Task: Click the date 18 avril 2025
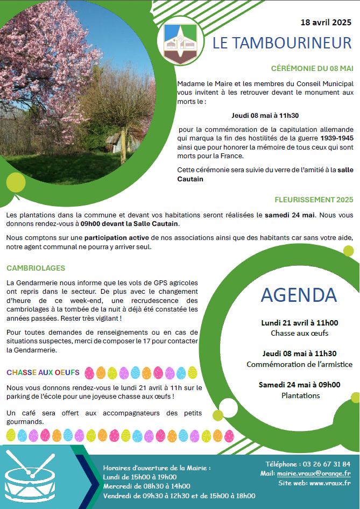coord(325,23)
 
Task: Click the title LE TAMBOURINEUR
coord(281,44)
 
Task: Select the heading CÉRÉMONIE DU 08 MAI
coord(312,68)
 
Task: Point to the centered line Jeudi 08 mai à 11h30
coord(265,115)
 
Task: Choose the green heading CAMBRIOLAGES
coord(36,268)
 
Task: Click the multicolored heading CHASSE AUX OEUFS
coord(43,372)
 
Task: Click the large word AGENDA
coord(299,294)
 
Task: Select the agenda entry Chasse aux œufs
coord(299,333)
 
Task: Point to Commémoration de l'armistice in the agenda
coord(299,364)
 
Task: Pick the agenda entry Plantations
coord(299,395)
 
